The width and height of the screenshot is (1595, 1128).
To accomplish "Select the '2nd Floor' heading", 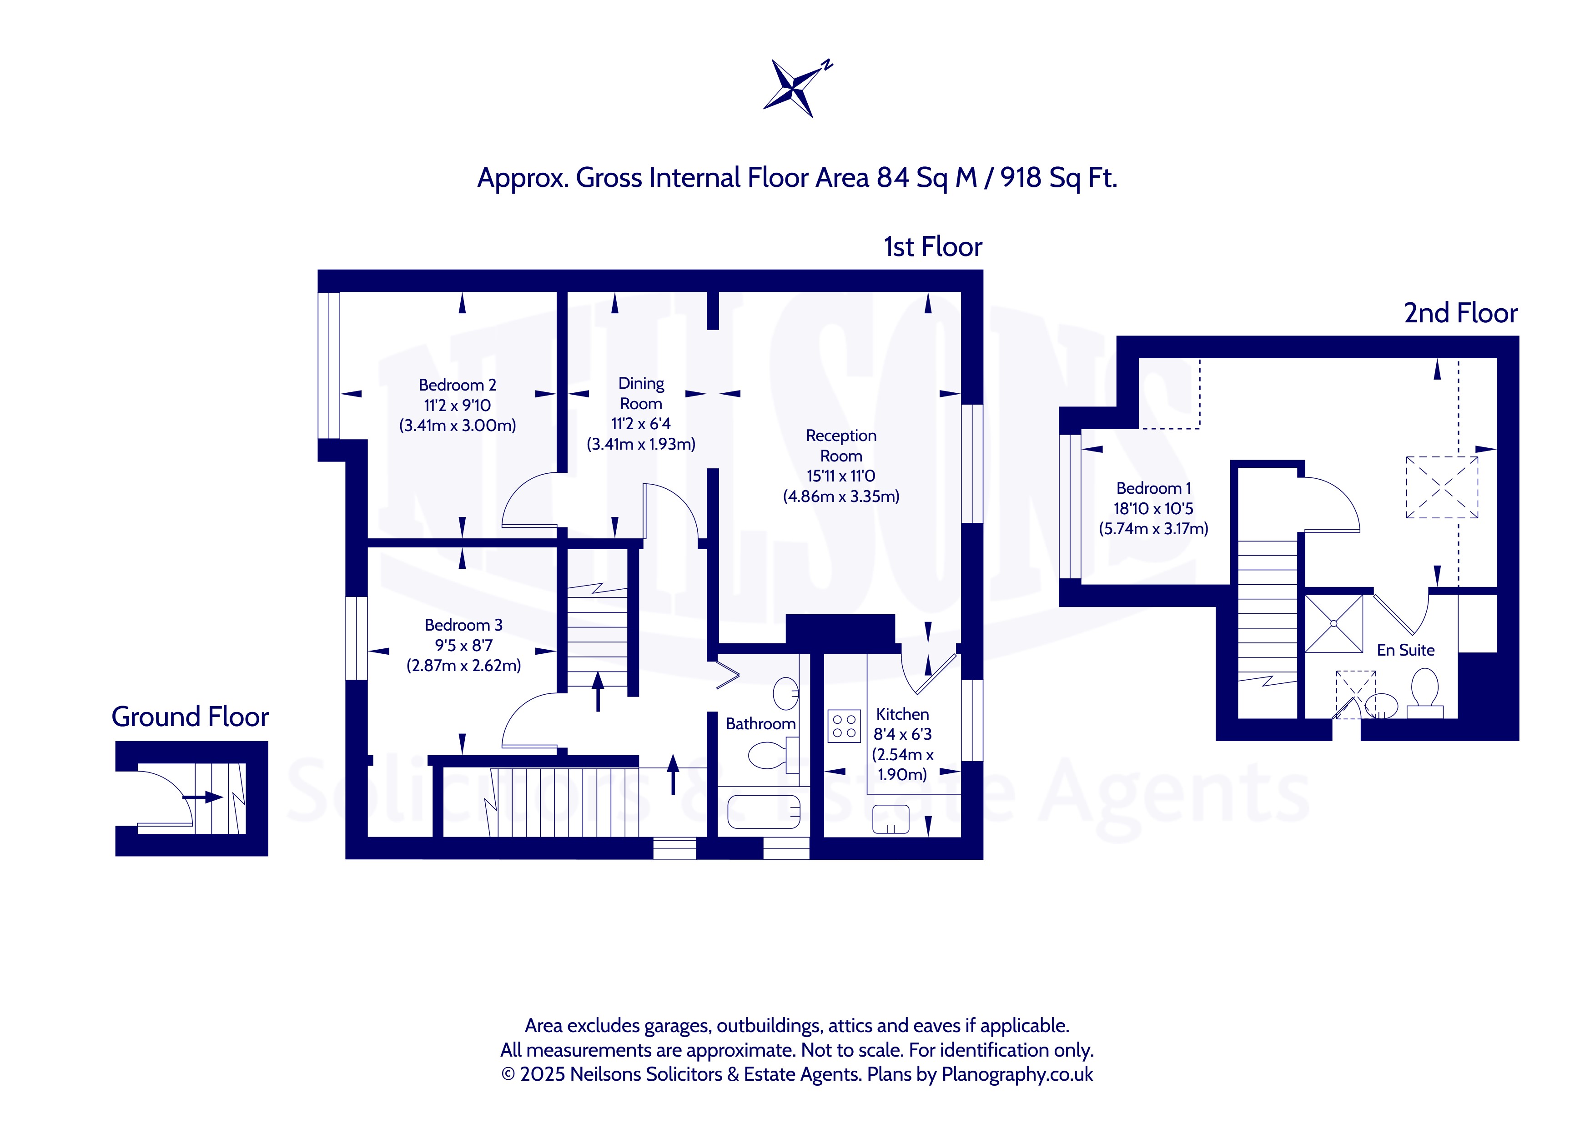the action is coord(1460,313).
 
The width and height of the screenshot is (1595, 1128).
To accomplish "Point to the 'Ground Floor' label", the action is coord(191,717).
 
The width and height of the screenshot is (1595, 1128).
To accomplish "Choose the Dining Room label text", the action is coord(641,393).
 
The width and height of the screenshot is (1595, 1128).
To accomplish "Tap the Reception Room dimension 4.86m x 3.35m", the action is coord(841,496).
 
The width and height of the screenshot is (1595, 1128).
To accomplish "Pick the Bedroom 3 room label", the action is coord(463,625).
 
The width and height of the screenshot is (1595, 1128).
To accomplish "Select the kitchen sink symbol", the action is coord(891,819).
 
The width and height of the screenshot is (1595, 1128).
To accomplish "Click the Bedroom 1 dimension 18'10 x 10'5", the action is coord(1153,508).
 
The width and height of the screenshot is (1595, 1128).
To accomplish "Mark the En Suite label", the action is coord(1405,650).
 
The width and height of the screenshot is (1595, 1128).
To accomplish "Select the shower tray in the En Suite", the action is coord(1334,624).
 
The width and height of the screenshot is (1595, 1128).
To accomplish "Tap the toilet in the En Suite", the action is coord(1425,692).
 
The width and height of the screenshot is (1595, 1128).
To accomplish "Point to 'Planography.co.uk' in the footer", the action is coord(1017,1074).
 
